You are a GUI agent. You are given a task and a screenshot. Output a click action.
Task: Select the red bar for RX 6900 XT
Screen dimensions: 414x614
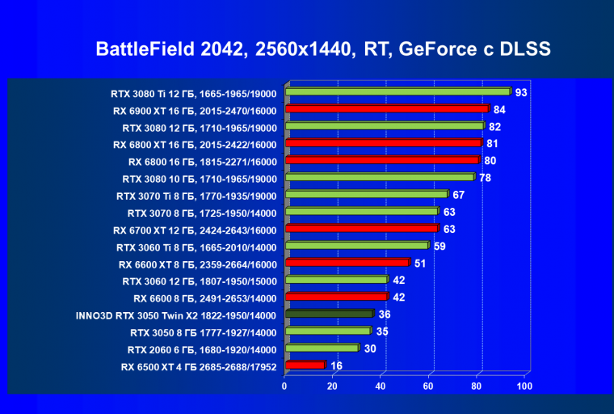pos(386,109)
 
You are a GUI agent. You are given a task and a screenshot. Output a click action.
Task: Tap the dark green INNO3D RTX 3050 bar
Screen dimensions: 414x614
pos(328,314)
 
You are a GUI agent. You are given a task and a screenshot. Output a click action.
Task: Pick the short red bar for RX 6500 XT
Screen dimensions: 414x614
pos(305,365)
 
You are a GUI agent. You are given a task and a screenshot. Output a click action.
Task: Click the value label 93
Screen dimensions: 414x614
pos(521,92)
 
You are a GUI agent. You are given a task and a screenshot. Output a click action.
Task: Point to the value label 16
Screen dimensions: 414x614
pos(336,365)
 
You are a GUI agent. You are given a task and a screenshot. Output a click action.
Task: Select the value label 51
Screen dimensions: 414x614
pos(420,263)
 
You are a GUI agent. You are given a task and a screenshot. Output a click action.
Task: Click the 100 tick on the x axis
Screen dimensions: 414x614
pos(524,387)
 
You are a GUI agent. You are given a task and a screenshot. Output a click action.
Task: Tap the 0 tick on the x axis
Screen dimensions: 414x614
pos(284,387)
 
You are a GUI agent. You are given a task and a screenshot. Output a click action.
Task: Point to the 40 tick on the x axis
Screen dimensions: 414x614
pos(381,387)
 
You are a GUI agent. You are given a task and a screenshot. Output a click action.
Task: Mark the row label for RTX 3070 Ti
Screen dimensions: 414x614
pos(199,196)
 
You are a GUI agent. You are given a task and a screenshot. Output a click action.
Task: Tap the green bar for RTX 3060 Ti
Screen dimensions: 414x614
pos(356,246)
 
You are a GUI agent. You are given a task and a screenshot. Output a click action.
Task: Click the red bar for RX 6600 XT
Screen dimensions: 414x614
pos(347,263)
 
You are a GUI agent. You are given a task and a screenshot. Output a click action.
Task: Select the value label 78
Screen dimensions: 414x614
pos(485,177)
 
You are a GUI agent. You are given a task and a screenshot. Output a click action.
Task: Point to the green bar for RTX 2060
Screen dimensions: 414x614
pos(321,349)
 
